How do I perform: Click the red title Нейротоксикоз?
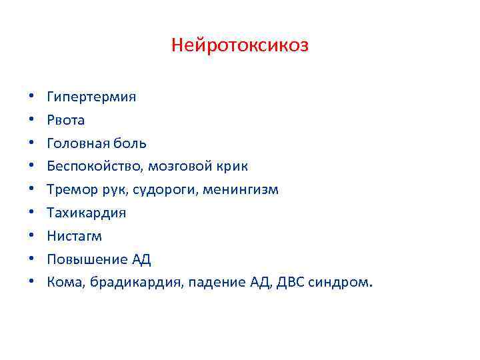coord(240,45)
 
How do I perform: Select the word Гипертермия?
coord(91,97)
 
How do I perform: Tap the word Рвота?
coord(66,120)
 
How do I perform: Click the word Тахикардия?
coord(86,213)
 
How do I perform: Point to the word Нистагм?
coord(75,236)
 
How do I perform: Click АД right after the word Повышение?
coord(141,259)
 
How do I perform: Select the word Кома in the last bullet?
coord(64,282)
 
